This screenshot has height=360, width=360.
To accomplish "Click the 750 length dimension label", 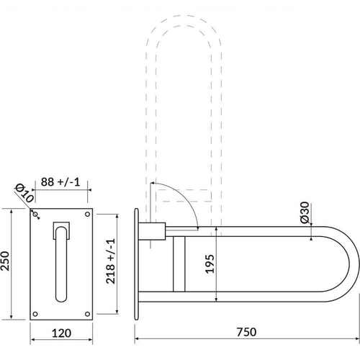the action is pos(246,332).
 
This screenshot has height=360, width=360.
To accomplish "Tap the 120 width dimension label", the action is pos(61,333).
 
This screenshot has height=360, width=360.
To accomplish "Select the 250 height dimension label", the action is pos(5,261).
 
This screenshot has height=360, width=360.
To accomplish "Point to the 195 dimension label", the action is pos(210,264).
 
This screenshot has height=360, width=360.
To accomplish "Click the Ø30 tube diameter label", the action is pos(305,212).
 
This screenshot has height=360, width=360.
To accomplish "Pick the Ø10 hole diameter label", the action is pos(24,193).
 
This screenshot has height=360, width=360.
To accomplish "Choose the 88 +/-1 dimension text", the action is pos(60,182).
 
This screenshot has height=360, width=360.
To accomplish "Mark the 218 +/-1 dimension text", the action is pos(111,261).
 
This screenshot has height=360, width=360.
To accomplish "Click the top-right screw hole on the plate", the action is pos(88,214).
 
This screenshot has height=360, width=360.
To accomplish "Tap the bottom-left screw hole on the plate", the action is pos(35,314).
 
